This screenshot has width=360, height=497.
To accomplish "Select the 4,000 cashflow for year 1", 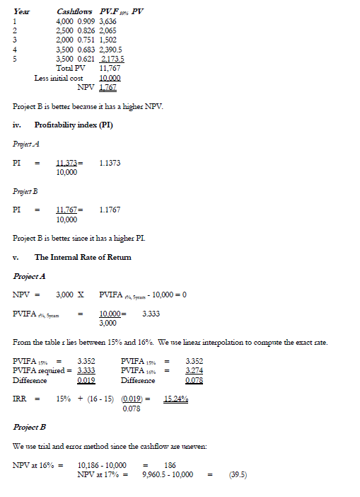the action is point(66,23).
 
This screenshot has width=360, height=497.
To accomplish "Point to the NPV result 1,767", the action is point(108,87).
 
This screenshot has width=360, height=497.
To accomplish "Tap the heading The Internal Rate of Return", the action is point(83,256).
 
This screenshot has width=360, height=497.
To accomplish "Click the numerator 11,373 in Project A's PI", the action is point(66,163).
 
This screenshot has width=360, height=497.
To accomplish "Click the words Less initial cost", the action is point(59,78).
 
